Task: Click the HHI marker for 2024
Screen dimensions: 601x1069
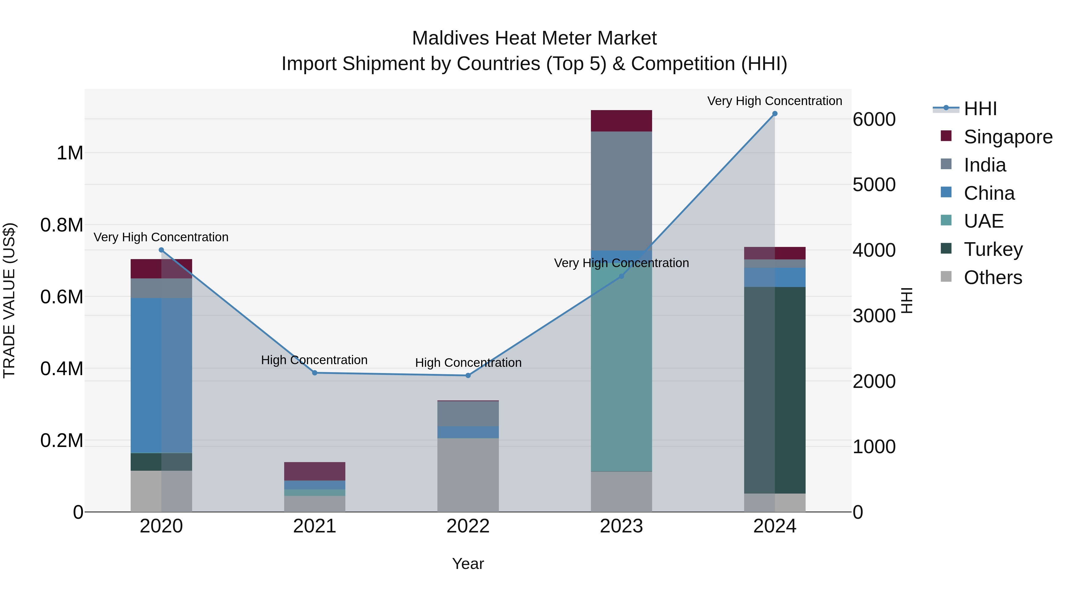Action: point(774,114)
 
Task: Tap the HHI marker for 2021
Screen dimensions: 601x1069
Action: point(314,373)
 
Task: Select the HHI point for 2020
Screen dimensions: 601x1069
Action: point(162,250)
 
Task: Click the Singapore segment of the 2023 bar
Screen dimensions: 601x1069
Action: point(621,121)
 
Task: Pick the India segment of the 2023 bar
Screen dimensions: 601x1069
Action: point(621,191)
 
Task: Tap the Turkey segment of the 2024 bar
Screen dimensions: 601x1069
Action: point(774,390)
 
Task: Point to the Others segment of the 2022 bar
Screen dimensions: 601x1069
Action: point(468,475)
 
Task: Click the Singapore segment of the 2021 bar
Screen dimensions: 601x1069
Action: point(314,471)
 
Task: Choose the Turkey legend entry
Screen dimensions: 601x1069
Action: point(993,249)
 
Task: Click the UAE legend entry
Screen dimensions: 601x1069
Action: point(983,221)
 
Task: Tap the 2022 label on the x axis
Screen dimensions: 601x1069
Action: point(468,526)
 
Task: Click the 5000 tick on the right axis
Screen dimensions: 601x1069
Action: point(874,185)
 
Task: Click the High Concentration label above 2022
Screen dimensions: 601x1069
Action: point(468,362)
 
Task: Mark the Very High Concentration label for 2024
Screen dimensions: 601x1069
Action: point(774,101)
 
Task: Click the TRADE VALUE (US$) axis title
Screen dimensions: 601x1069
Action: point(9,300)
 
